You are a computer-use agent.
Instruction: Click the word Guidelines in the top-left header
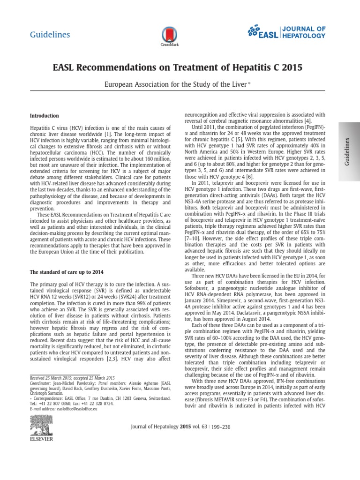50,35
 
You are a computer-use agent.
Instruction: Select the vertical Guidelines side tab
348,150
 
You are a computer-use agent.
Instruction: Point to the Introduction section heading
44,115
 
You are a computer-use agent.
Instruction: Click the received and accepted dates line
72,377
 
